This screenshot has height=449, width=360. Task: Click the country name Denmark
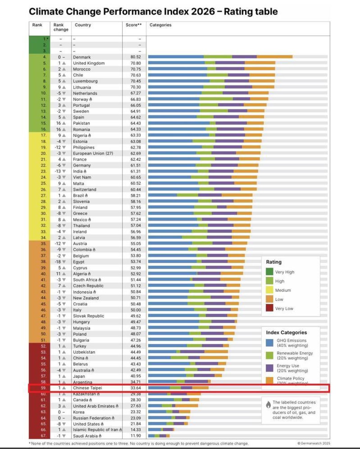click(x=82, y=57)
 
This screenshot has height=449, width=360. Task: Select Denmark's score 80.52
click(x=136, y=57)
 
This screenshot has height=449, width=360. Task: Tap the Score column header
click(x=133, y=25)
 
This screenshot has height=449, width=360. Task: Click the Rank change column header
click(x=61, y=27)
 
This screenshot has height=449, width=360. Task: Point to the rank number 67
click(x=43, y=436)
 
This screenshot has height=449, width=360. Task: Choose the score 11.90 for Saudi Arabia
click(x=136, y=436)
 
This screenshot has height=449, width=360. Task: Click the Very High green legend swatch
click(x=269, y=272)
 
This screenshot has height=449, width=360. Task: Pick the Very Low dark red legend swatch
click(x=269, y=308)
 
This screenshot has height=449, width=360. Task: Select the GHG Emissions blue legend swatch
click(x=269, y=343)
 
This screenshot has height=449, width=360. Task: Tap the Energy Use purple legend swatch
click(x=269, y=368)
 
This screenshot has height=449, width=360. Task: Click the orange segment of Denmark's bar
click(x=274, y=57)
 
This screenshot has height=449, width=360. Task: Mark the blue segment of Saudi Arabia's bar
click(x=151, y=436)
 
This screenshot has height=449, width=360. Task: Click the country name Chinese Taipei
click(x=87, y=388)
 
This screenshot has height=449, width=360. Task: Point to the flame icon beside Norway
click(x=91, y=99)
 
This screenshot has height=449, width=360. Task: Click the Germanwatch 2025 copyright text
click(x=313, y=443)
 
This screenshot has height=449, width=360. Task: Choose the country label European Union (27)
click(x=93, y=153)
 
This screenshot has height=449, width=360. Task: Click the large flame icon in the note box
click(x=268, y=405)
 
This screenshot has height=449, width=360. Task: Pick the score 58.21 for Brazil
click(x=136, y=195)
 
